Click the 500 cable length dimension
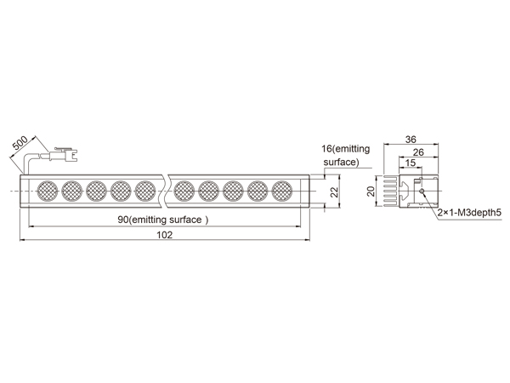(x=20, y=144)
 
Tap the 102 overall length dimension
(x=165, y=235)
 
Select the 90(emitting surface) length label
(x=163, y=220)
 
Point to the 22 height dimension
(x=334, y=191)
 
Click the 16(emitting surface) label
(x=346, y=156)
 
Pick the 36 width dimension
(x=411, y=140)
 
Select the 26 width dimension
(x=418, y=152)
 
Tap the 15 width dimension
(x=411, y=163)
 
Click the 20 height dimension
(x=371, y=191)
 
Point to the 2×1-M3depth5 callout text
(x=469, y=213)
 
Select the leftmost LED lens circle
(x=48, y=191)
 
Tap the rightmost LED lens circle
(x=282, y=191)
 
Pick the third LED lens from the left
(x=97, y=191)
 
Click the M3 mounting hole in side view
(x=422, y=191)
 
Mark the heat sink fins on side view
(x=391, y=191)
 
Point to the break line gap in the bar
(x=166, y=191)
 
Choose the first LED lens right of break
(x=184, y=191)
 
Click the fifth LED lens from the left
(x=145, y=191)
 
